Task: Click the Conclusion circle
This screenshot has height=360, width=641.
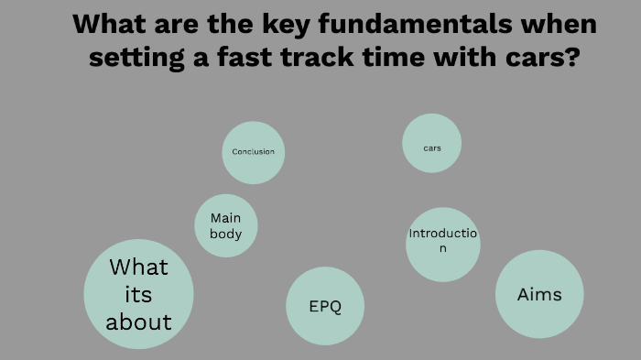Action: click(x=254, y=152)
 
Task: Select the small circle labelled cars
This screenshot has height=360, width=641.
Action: click(x=432, y=144)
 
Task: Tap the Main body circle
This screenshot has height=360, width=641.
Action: click(x=226, y=226)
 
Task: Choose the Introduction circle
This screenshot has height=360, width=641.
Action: click(x=443, y=243)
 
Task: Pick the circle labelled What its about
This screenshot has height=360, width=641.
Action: click(x=138, y=294)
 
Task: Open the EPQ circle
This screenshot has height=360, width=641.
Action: click(x=325, y=306)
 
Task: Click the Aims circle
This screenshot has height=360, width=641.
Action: click(x=539, y=294)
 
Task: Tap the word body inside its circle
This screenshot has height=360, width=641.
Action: click(x=226, y=235)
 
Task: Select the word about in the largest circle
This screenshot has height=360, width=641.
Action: click(x=138, y=322)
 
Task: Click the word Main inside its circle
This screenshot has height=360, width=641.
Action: click(x=226, y=218)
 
